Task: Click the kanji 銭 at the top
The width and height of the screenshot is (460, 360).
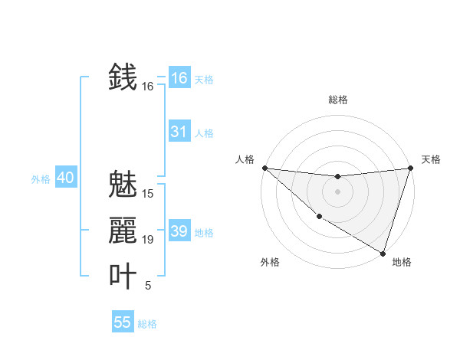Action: point(123,77)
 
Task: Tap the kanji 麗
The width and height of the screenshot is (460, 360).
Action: point(123,231)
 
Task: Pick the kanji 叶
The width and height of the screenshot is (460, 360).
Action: point(123,277)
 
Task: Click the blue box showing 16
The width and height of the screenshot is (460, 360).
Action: point(179,78)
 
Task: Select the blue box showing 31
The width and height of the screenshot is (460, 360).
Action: point(179,132)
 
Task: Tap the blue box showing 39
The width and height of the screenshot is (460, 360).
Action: point(179,231)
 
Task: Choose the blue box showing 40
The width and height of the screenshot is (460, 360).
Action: point(65,178)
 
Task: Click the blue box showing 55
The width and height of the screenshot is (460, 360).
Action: point(123,322)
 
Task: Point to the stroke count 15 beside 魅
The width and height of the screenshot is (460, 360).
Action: point(148,194)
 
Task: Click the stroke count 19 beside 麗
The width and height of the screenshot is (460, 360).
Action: point(148,240)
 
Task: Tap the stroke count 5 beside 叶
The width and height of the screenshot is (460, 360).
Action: point(148,286)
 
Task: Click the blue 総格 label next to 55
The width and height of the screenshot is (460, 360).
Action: point(147,324)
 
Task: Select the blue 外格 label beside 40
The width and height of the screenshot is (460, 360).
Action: point(41,179)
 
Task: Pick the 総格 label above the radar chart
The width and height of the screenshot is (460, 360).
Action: point(337,100)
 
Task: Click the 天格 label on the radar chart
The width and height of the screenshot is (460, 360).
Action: point(431,159)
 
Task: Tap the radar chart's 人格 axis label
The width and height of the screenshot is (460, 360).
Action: point(245,159)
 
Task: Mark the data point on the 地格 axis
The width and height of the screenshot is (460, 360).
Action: point(383,253)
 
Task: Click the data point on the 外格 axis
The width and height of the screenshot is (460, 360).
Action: point(319,216)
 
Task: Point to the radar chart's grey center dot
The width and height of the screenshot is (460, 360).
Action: point(337,191)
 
